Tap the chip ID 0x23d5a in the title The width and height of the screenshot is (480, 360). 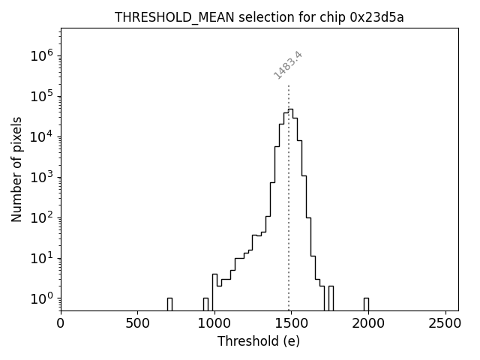pyautogui.click(x=376, y=17)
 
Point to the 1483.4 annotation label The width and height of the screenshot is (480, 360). pyautogui.click(x=288, y=65)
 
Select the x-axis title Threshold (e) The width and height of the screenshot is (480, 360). pyautogui.click(x=259, y=341)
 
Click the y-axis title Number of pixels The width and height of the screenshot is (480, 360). pyautogui.click(x=17, y=169)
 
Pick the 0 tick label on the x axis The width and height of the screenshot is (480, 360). pyautogui.click(x=61, y=324)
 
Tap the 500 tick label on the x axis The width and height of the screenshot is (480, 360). pyautogui.click(x=137, y=324)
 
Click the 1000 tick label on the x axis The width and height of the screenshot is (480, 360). pyautogui.click(x=214, y=324)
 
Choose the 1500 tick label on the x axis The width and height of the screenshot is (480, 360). pyautogui.click(x=290, y=324)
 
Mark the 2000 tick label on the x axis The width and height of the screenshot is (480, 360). pyautogui.click(x=367, y=324)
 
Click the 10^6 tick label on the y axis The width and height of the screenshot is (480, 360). pyautogui.click(x=40, y=55)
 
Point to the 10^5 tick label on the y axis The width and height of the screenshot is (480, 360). pyautogui.click(x=40, y=96)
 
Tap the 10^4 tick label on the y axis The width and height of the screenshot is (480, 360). pyautogui.click(x=40, y=136)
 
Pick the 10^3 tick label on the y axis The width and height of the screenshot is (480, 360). pyautogui.click(x=40, y=177)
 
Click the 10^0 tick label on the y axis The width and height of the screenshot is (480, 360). pyautogui.click(x=40, y=298)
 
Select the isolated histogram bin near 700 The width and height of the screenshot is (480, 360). pyautogui.click(x=169, y=304)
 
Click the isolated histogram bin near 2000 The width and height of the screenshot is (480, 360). pyautogui.click(x=366, y=304)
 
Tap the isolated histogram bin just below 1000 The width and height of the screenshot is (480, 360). pyautogui.click(x=205, y=304)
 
